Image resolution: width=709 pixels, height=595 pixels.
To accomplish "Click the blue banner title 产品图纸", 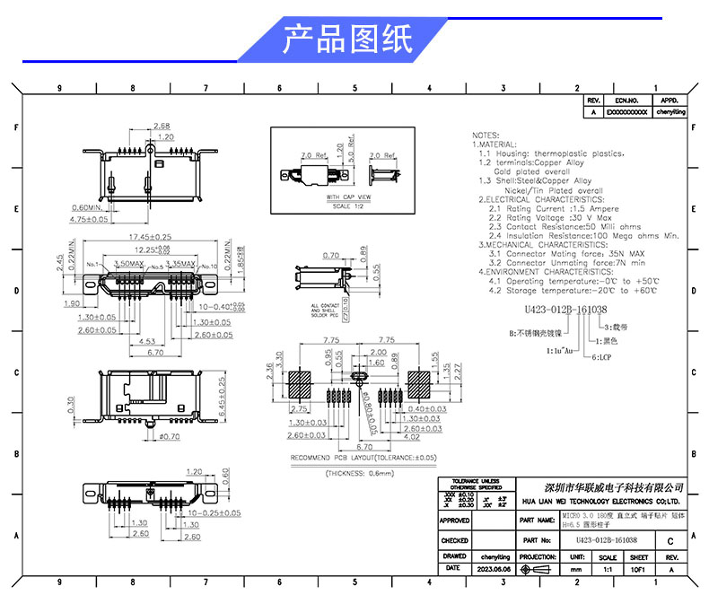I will coord(347,39).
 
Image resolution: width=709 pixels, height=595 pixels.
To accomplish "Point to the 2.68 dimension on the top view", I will coord(162,126).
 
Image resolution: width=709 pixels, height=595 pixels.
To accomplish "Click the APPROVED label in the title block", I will coord(455,520).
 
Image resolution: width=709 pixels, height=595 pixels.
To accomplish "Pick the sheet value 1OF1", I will coord(638,569).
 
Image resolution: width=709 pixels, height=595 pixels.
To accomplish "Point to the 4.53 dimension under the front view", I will coord(148,342).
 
